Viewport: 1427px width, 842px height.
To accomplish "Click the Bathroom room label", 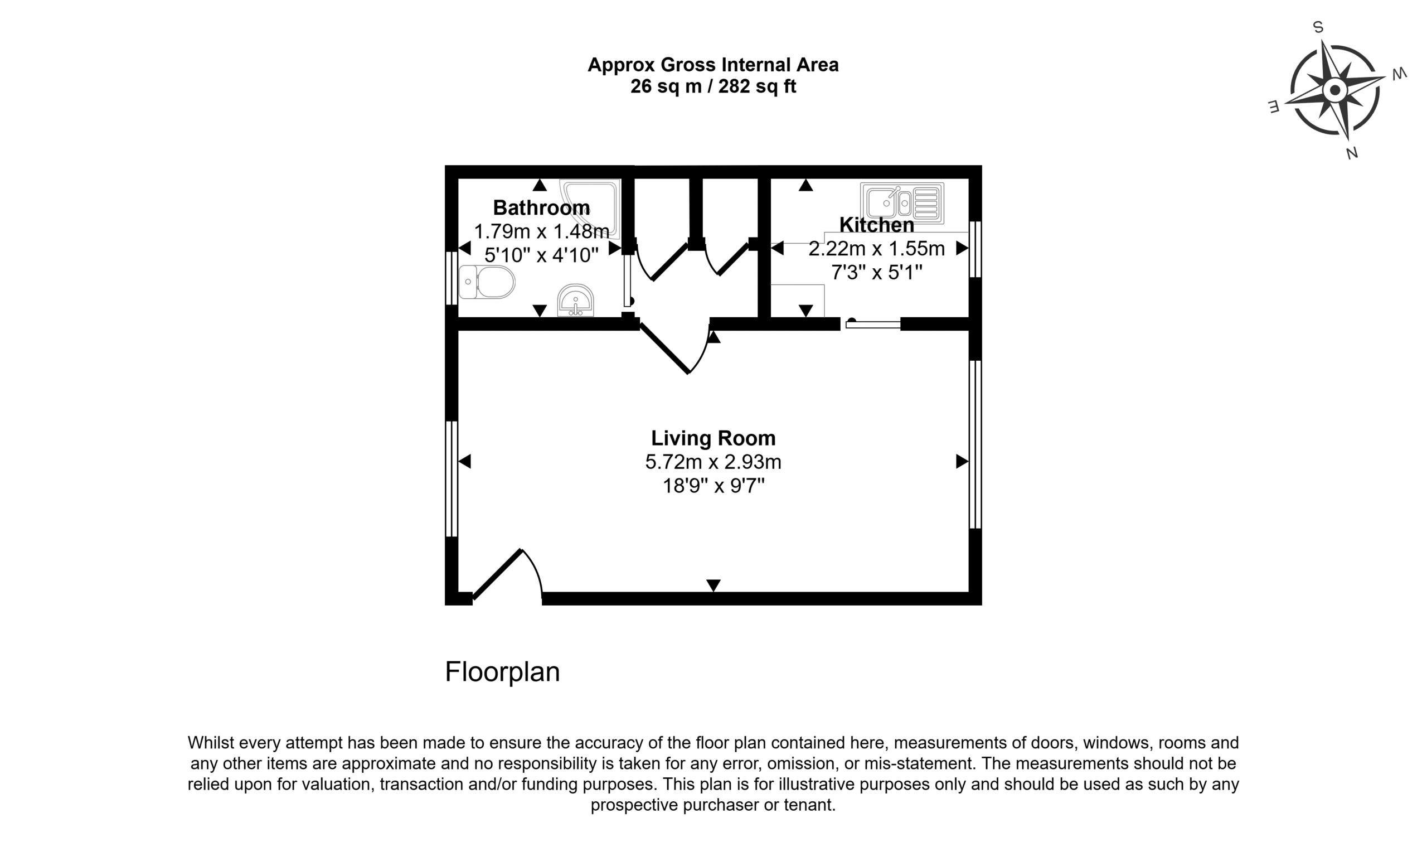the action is pos(541,207).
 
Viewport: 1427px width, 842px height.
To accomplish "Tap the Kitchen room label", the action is pos(876,225).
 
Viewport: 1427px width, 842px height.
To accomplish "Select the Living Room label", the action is pos(713,438).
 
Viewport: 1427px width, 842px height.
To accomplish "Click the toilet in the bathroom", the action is pos(487,282).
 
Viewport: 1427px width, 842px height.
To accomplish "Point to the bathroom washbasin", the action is pos(576,300).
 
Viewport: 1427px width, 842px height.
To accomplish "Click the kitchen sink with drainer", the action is pos(902,202).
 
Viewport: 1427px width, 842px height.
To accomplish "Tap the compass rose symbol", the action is pos(1334,90).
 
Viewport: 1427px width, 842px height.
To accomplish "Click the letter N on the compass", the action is pos(1352,153).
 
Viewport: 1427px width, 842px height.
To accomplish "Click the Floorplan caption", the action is pos(502,672).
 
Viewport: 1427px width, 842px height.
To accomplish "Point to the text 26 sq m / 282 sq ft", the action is pos(713,86).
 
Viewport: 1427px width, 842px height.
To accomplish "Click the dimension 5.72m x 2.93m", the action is pos(713,462).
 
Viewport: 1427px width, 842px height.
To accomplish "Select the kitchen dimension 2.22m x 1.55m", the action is pos(876,249).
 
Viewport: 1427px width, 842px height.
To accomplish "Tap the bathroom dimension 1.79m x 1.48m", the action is pos(541,231).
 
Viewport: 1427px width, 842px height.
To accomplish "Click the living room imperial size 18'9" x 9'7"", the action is pos(713,486).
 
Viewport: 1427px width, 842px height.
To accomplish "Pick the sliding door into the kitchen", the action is pos(872,324).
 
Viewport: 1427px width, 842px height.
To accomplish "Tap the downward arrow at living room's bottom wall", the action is pos(713,585).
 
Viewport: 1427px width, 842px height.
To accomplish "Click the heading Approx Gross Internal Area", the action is pos(713,65).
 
